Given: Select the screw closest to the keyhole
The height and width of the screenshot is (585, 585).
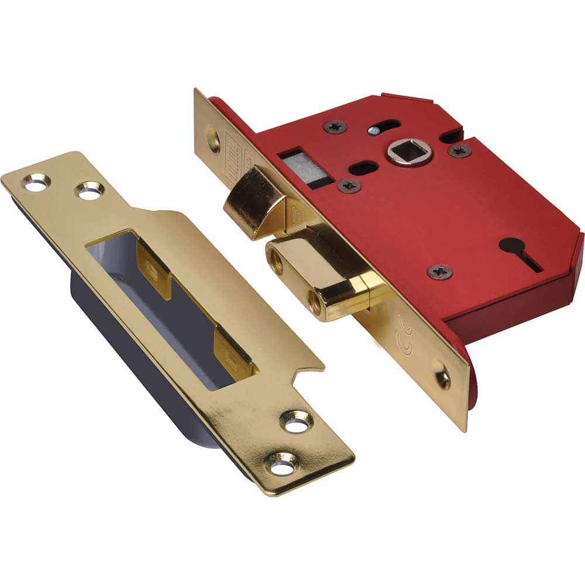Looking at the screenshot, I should tap(440, 271).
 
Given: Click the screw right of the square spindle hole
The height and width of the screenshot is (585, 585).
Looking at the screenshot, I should tap(460, 150).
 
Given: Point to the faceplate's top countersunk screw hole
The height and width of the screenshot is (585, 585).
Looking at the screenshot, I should tap(214, 140).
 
